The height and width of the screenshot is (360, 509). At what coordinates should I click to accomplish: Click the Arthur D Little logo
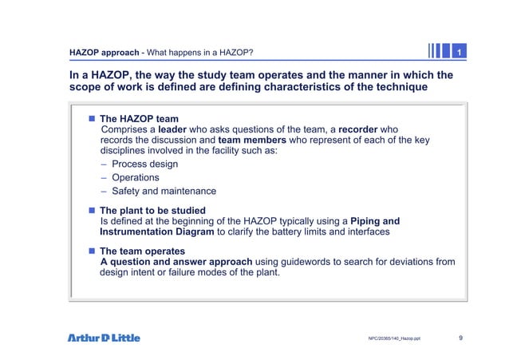point(103,338)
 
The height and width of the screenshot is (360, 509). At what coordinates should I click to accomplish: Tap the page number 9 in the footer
point(461,338)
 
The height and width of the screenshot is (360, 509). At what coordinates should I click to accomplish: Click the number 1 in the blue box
point(459,53)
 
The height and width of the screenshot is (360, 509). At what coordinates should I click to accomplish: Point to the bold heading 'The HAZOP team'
point(139,119)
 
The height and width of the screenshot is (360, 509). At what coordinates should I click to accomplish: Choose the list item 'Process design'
point(144,164)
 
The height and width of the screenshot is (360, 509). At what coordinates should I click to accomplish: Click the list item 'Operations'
point(135,177)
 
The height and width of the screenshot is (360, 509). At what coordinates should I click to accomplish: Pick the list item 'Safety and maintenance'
point(164,191)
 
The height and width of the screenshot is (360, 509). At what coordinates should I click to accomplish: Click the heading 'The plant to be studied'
point(152,211)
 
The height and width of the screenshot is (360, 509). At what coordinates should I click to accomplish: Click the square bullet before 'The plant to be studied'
point(92,211)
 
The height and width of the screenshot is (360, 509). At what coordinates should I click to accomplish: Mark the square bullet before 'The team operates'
point(92,251)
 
